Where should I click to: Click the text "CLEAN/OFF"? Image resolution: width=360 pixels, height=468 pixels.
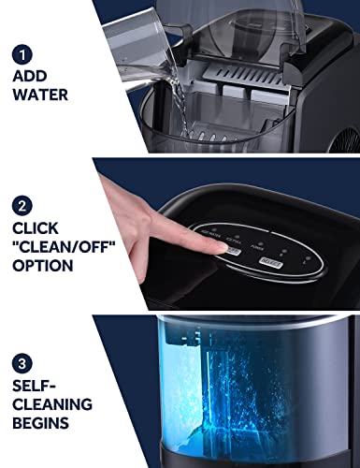65,245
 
